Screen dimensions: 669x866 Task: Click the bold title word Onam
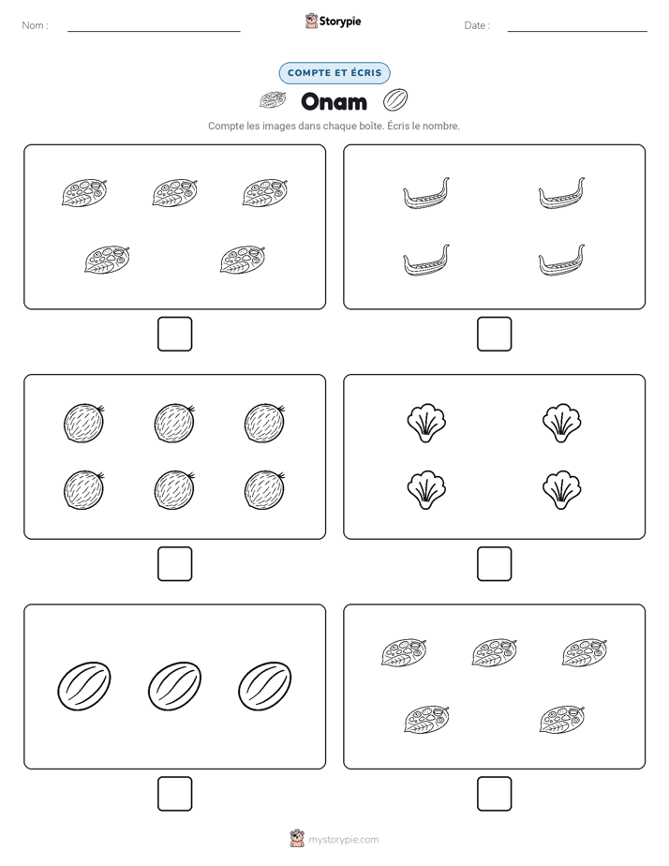[x=334, y=101]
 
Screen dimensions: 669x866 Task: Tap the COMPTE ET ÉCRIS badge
[x=334, y=73]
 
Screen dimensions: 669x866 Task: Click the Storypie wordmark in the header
[x=340, y=22]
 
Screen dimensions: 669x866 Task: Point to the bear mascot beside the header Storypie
[x=311, y=21]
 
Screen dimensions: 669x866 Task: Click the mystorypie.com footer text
[x=343, y=840]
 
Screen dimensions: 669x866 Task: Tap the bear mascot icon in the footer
[x=297, y=839]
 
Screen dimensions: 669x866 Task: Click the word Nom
[x=33, y=25]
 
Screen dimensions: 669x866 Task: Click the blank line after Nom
[x=154, y=31]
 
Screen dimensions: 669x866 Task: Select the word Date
[x=475, y=25]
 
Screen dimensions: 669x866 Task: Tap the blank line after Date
[x=577, y=31]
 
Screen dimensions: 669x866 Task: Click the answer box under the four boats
[x=494, y=335]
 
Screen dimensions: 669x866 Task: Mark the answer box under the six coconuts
[x=175, y=564]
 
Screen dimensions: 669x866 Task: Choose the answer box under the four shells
[x=494, y=564]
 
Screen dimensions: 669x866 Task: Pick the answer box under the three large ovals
[x=175, y=794]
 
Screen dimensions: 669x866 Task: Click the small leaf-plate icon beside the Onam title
[x=273, y=100]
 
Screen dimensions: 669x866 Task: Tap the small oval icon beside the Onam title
[x=395, y=100]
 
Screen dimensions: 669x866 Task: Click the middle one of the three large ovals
[x=174, y=686]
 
